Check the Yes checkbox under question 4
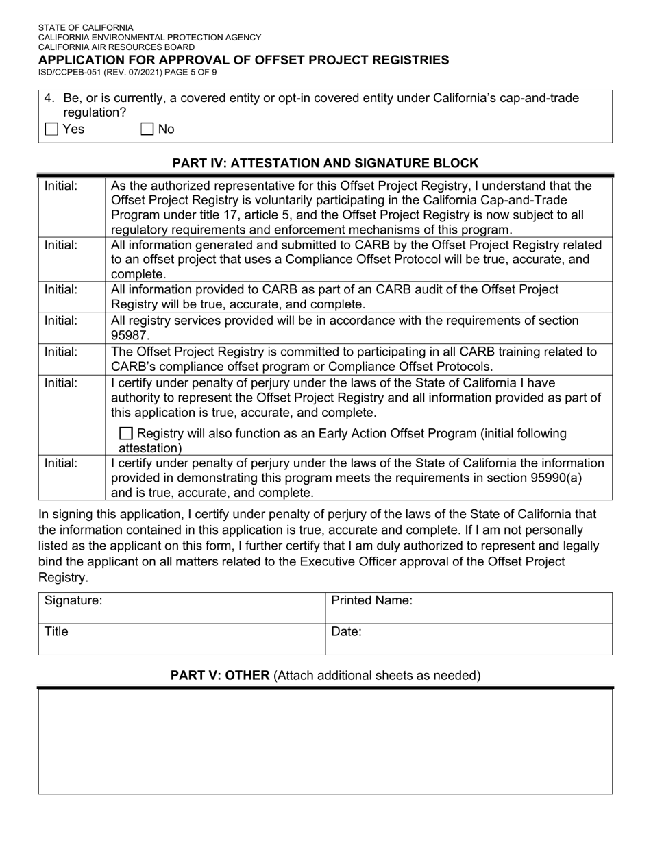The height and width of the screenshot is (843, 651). (x=51, y=129)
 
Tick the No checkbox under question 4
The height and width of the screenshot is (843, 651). (x=147, y=129)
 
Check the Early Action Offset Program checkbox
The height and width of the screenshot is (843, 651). (x=126, y=434)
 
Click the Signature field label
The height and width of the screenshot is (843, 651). (x=73, y=601)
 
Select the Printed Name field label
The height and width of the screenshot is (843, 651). (x=371, y=601)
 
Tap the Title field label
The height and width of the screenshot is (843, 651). (x=56, y=632)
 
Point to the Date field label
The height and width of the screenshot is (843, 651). (x=346, y=632)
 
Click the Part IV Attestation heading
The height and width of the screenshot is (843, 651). (x=325, y=163)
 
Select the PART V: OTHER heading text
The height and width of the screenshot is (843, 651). (x=219, y=675)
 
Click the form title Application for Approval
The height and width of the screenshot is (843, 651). (x=243, y=60)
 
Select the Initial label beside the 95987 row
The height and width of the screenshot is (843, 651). (x=61, y=321)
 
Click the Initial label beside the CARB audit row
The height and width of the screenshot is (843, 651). (x=61, y=290)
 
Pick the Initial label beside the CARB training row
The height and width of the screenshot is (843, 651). (x=61, y=352)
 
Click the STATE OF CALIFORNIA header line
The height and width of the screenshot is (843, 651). (x=86, y=28)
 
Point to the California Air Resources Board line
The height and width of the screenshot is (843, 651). (x=116, y=47)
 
